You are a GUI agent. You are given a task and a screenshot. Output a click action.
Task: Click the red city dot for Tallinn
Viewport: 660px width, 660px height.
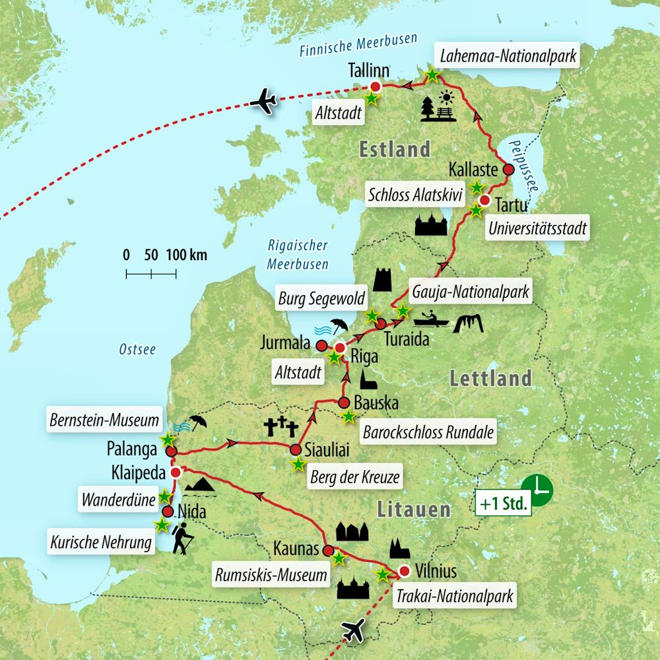(376, 86)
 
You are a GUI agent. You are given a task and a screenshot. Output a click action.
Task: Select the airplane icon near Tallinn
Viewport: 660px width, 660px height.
(263, 102)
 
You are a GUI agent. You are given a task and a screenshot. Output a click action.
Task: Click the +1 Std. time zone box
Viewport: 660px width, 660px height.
(503, 506)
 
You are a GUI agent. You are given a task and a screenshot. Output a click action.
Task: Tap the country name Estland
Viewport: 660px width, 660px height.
(394, 149)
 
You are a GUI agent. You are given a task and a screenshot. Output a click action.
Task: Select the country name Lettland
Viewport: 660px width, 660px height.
(490, 378)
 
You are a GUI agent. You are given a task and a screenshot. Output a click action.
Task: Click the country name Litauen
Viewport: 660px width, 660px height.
(414, 510)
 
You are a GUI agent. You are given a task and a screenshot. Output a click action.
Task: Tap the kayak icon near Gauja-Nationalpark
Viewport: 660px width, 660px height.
(431, 321)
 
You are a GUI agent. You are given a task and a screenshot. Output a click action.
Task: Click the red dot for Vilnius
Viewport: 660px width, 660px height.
(405, 571)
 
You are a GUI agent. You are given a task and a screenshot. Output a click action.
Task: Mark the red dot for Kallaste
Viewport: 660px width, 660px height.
(508, 170)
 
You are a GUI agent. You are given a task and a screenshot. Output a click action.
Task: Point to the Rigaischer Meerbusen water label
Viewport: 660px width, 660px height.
(298, 254)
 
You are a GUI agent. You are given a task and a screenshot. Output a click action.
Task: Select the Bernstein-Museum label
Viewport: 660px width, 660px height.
(104, 419)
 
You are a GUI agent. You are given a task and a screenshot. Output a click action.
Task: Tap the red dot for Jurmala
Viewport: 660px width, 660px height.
(321, 346)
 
